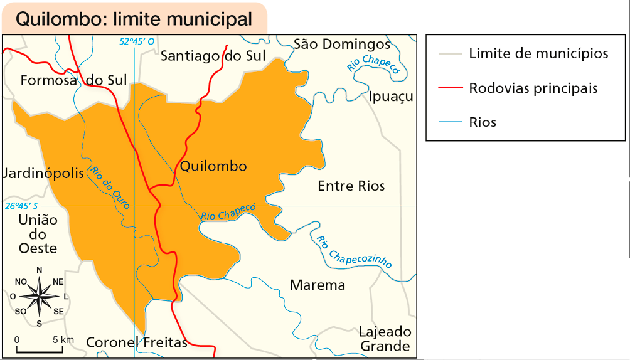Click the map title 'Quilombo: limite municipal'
(134, 19)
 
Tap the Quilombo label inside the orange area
(213, 166)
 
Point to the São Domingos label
(342, 44)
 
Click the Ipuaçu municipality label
(392, 97)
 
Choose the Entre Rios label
(351, 186)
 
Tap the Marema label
(318, 285)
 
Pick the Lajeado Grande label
(385, 339)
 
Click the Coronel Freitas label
(137, 342)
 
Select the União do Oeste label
(38, 234)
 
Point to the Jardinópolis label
(43, 173)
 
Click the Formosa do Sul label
(73, 80)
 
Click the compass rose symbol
(39, 295)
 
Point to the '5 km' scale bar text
(63, 339)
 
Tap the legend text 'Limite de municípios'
(538, 53)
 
